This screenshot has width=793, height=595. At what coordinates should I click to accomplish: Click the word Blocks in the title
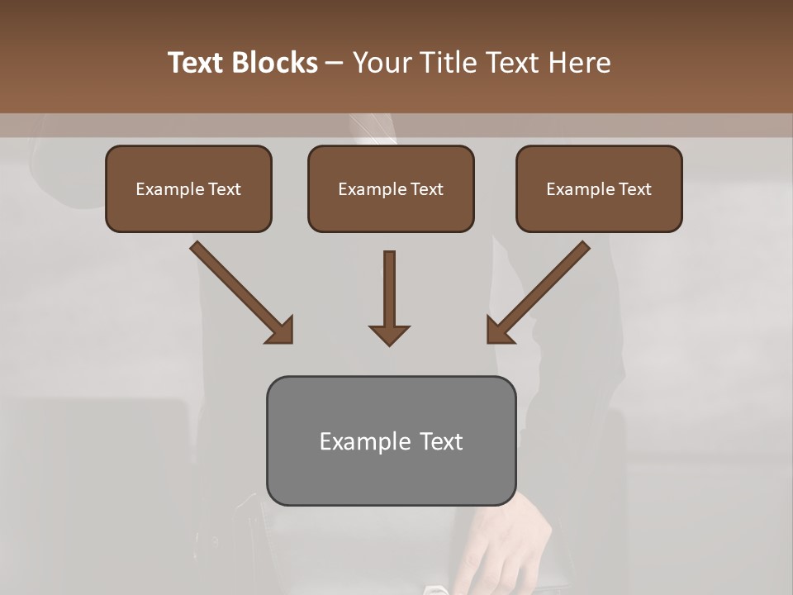275,63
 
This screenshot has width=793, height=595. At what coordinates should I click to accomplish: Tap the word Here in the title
578,63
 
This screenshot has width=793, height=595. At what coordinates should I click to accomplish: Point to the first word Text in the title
199,63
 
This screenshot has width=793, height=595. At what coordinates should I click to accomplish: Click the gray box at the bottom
391,475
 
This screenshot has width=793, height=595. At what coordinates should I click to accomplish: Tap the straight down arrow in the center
389,289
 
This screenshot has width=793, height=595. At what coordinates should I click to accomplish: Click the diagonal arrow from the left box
240,290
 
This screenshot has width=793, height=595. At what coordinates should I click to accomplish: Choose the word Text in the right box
634,189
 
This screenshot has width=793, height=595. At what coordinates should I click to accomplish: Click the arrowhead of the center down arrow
389,334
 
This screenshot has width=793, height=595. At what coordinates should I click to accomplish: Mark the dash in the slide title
335,63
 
